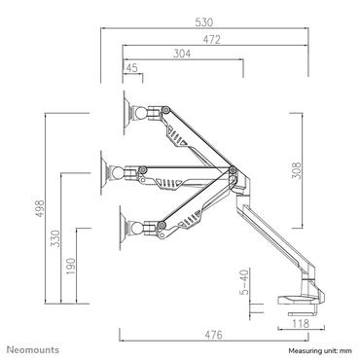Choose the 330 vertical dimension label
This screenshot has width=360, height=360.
(56, 239)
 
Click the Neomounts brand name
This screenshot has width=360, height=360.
(34, 347)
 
